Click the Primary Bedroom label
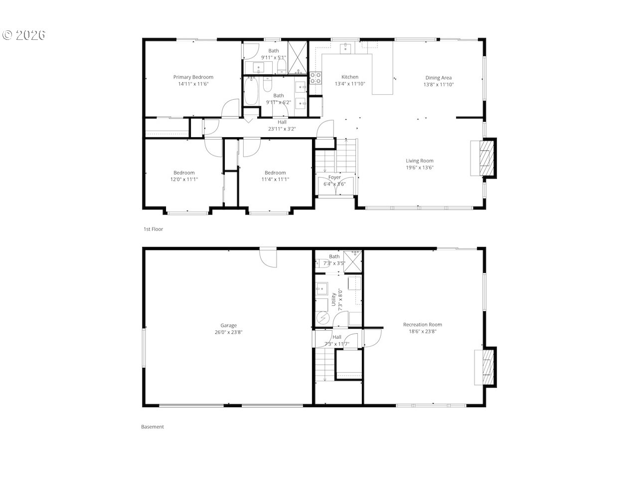(193, 77)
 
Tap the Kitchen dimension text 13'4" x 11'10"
(350, 84)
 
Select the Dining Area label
(438, 78)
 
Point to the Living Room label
(419, 161)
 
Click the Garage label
(228, 325)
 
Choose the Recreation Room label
(422, 324)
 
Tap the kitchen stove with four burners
(316, 78)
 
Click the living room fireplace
(483, 158)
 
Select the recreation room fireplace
(484, 367)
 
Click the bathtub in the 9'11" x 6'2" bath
(251, 91)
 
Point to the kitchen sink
(345, 48)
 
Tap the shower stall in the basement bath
(353, 261)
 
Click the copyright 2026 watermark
(24, 35)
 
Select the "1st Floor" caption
(153, 229)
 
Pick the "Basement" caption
(153, 427)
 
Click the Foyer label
(334, 177)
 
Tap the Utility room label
(333, 299)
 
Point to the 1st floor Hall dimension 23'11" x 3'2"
(282, 129)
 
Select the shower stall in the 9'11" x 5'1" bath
(298, 57)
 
